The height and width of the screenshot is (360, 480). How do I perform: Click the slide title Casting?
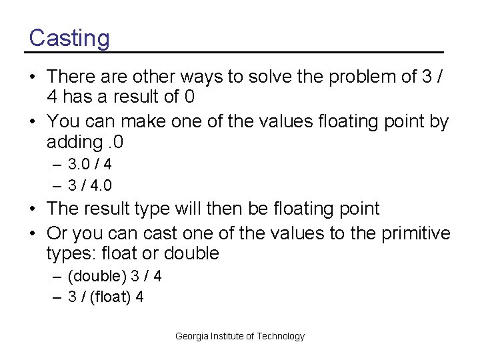(x=69, y=38)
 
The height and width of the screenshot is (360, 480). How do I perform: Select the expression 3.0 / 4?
(x=89, y=164)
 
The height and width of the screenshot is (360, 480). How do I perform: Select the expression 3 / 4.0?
(x=89, y=185)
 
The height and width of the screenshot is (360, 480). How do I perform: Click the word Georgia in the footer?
(x=191, y=337)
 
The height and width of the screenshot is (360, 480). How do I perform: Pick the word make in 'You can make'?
(x=139, y=122)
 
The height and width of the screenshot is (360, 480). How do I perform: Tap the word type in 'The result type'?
(x=153, y=209)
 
